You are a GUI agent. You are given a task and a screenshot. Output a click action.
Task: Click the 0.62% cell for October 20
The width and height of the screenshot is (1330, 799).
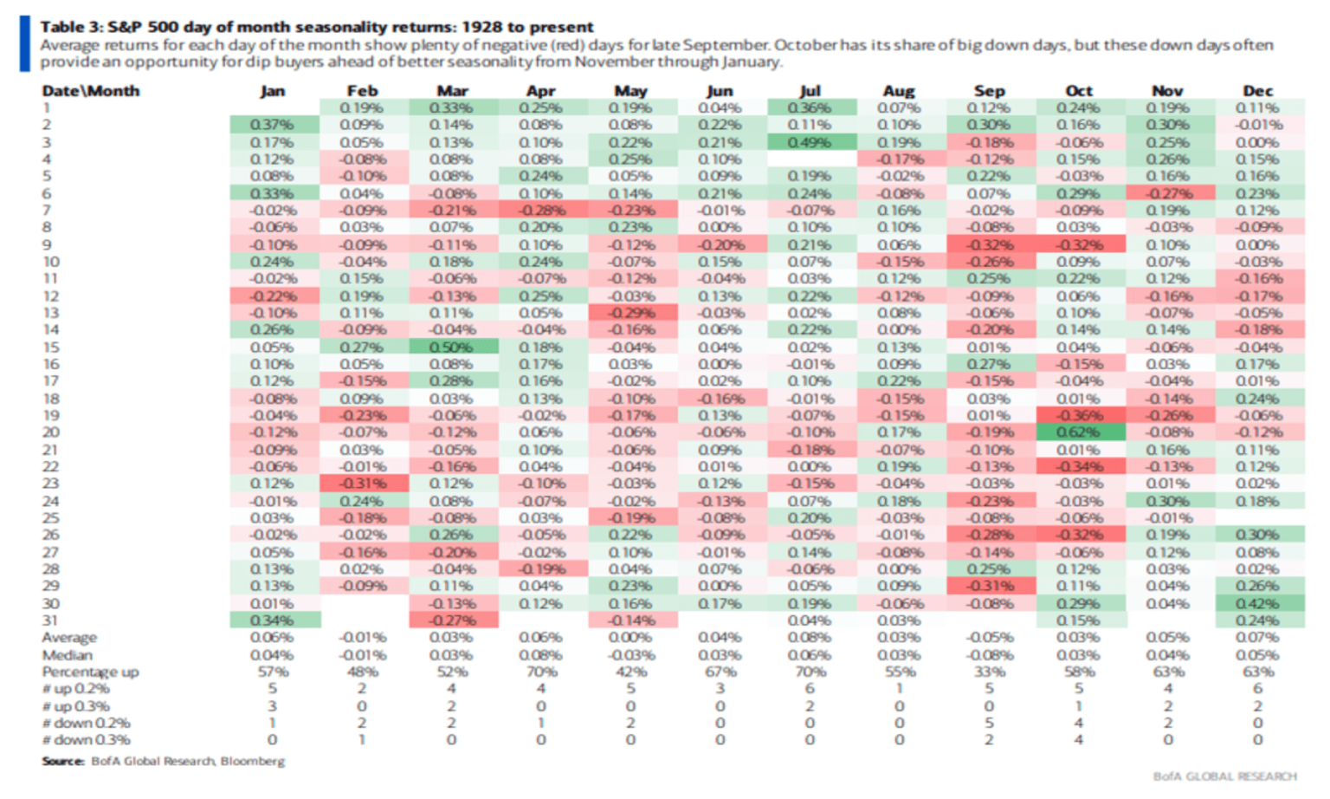tap(1079, 432)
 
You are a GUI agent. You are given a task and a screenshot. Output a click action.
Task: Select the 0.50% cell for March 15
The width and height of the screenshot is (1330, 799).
tap(452, 348)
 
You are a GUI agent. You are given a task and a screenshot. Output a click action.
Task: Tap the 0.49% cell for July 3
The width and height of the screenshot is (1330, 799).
tap(810, 142)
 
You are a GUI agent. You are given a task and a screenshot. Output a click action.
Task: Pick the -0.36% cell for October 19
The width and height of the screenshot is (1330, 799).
tap(1079, 416)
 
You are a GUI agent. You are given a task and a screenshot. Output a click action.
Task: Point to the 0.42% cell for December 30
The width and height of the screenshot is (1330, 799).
tap(1258, 604)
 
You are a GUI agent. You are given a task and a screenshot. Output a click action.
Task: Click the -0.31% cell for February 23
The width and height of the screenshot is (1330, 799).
tap(362, 484)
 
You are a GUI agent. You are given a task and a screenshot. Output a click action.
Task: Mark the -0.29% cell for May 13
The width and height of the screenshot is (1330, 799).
tap(631, 313)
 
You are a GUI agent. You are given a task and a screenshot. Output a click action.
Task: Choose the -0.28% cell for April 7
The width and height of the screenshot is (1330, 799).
tap(541, 211)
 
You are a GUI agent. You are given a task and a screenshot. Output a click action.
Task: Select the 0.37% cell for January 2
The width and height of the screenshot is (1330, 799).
tap(273, 125)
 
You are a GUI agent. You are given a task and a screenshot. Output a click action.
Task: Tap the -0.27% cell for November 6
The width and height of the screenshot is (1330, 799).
tap(1168, 193)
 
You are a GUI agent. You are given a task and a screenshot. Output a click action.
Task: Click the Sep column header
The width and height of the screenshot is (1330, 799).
tap(989, 91)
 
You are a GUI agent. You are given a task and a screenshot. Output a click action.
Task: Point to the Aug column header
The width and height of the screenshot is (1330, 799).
tap(899, 91)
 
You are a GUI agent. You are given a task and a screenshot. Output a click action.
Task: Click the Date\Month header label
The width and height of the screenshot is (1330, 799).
tap(90, 91)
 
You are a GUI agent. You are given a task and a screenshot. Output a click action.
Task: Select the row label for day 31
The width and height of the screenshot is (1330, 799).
tap(50, 620)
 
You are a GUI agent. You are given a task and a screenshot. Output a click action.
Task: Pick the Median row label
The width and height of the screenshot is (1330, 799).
tap(67, 655)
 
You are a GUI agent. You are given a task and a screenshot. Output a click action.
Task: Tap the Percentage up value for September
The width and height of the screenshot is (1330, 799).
tap(989, 672)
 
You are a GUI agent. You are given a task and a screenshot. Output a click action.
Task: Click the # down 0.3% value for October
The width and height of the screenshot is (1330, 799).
tap(1079, 740)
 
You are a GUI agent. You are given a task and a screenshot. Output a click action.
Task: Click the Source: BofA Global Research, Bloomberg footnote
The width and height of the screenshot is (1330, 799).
tap(163, 762)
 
